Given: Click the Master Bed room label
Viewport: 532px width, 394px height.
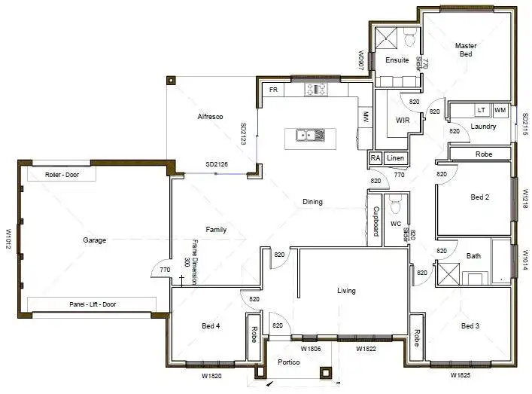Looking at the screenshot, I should pyautogui.click(x=466, y=50).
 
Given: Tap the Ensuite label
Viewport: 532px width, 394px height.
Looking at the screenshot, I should pyautogui.click(x=397, y=60).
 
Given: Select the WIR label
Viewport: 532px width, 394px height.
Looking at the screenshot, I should pyautogui.click(x=403, y=121).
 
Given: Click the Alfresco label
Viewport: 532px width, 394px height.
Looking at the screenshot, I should pyautogui.click(x=208, y=117).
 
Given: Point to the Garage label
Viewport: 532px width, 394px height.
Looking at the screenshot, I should pyautogui.click(x=94, y=240).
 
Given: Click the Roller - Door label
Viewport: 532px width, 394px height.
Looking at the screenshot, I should pyautogui.click(x=61, y=175).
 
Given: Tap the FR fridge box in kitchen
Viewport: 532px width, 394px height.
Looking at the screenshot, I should pyautogui.click(x=273, y=90).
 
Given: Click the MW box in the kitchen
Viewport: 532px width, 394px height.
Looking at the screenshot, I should pyautogui.click(x=365, y=117).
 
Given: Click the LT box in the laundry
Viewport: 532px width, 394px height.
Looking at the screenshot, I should pyautogui.click(x=481, y=111).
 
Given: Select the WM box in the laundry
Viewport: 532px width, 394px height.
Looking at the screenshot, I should pyautogui.click(x=500, y=111).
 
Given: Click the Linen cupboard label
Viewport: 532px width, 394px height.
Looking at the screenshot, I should pyautogui.click(x=395, y=158).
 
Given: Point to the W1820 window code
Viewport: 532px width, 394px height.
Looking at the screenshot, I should pyautogui.click(x=211, y=374).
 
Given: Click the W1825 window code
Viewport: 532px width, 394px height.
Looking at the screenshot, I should pyautogui.click(x=461, y=374).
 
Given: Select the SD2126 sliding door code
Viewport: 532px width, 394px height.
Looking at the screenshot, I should pyautogui.click(x=217, y=165).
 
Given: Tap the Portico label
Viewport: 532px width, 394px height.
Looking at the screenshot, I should pyautogui.click(x=288, y=363).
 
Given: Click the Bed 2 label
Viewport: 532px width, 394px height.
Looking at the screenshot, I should pyautogui.click(x=480, y=197).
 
